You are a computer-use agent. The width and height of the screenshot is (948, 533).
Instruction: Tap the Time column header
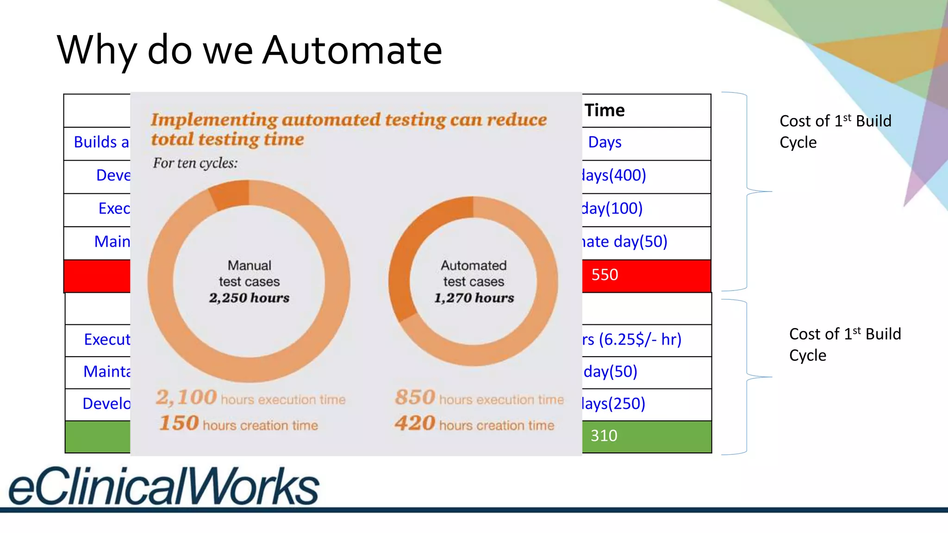(x=605, y=111)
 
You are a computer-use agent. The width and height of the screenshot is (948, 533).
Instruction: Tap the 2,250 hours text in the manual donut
(x=249, y=298)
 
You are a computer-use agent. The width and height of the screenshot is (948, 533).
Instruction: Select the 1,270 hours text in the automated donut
(x=474, y=298)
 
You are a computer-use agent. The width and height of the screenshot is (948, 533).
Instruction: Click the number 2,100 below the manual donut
(x=186, y=397)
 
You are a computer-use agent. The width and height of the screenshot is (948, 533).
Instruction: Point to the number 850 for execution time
(x=415, y=397)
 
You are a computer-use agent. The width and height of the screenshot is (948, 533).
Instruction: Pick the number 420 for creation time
(x=415, y=423)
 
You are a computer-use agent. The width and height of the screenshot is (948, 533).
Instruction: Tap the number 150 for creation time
(x=179, y=423)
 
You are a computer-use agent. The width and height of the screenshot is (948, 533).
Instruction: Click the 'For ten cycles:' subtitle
(x=195, y=163)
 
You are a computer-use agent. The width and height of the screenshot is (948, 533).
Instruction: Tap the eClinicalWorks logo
(x=164, y=486)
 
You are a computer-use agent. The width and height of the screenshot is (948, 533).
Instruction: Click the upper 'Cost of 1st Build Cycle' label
(x=835, y=131)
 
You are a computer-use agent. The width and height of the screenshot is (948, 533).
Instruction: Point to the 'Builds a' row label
(x=101, y=143)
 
